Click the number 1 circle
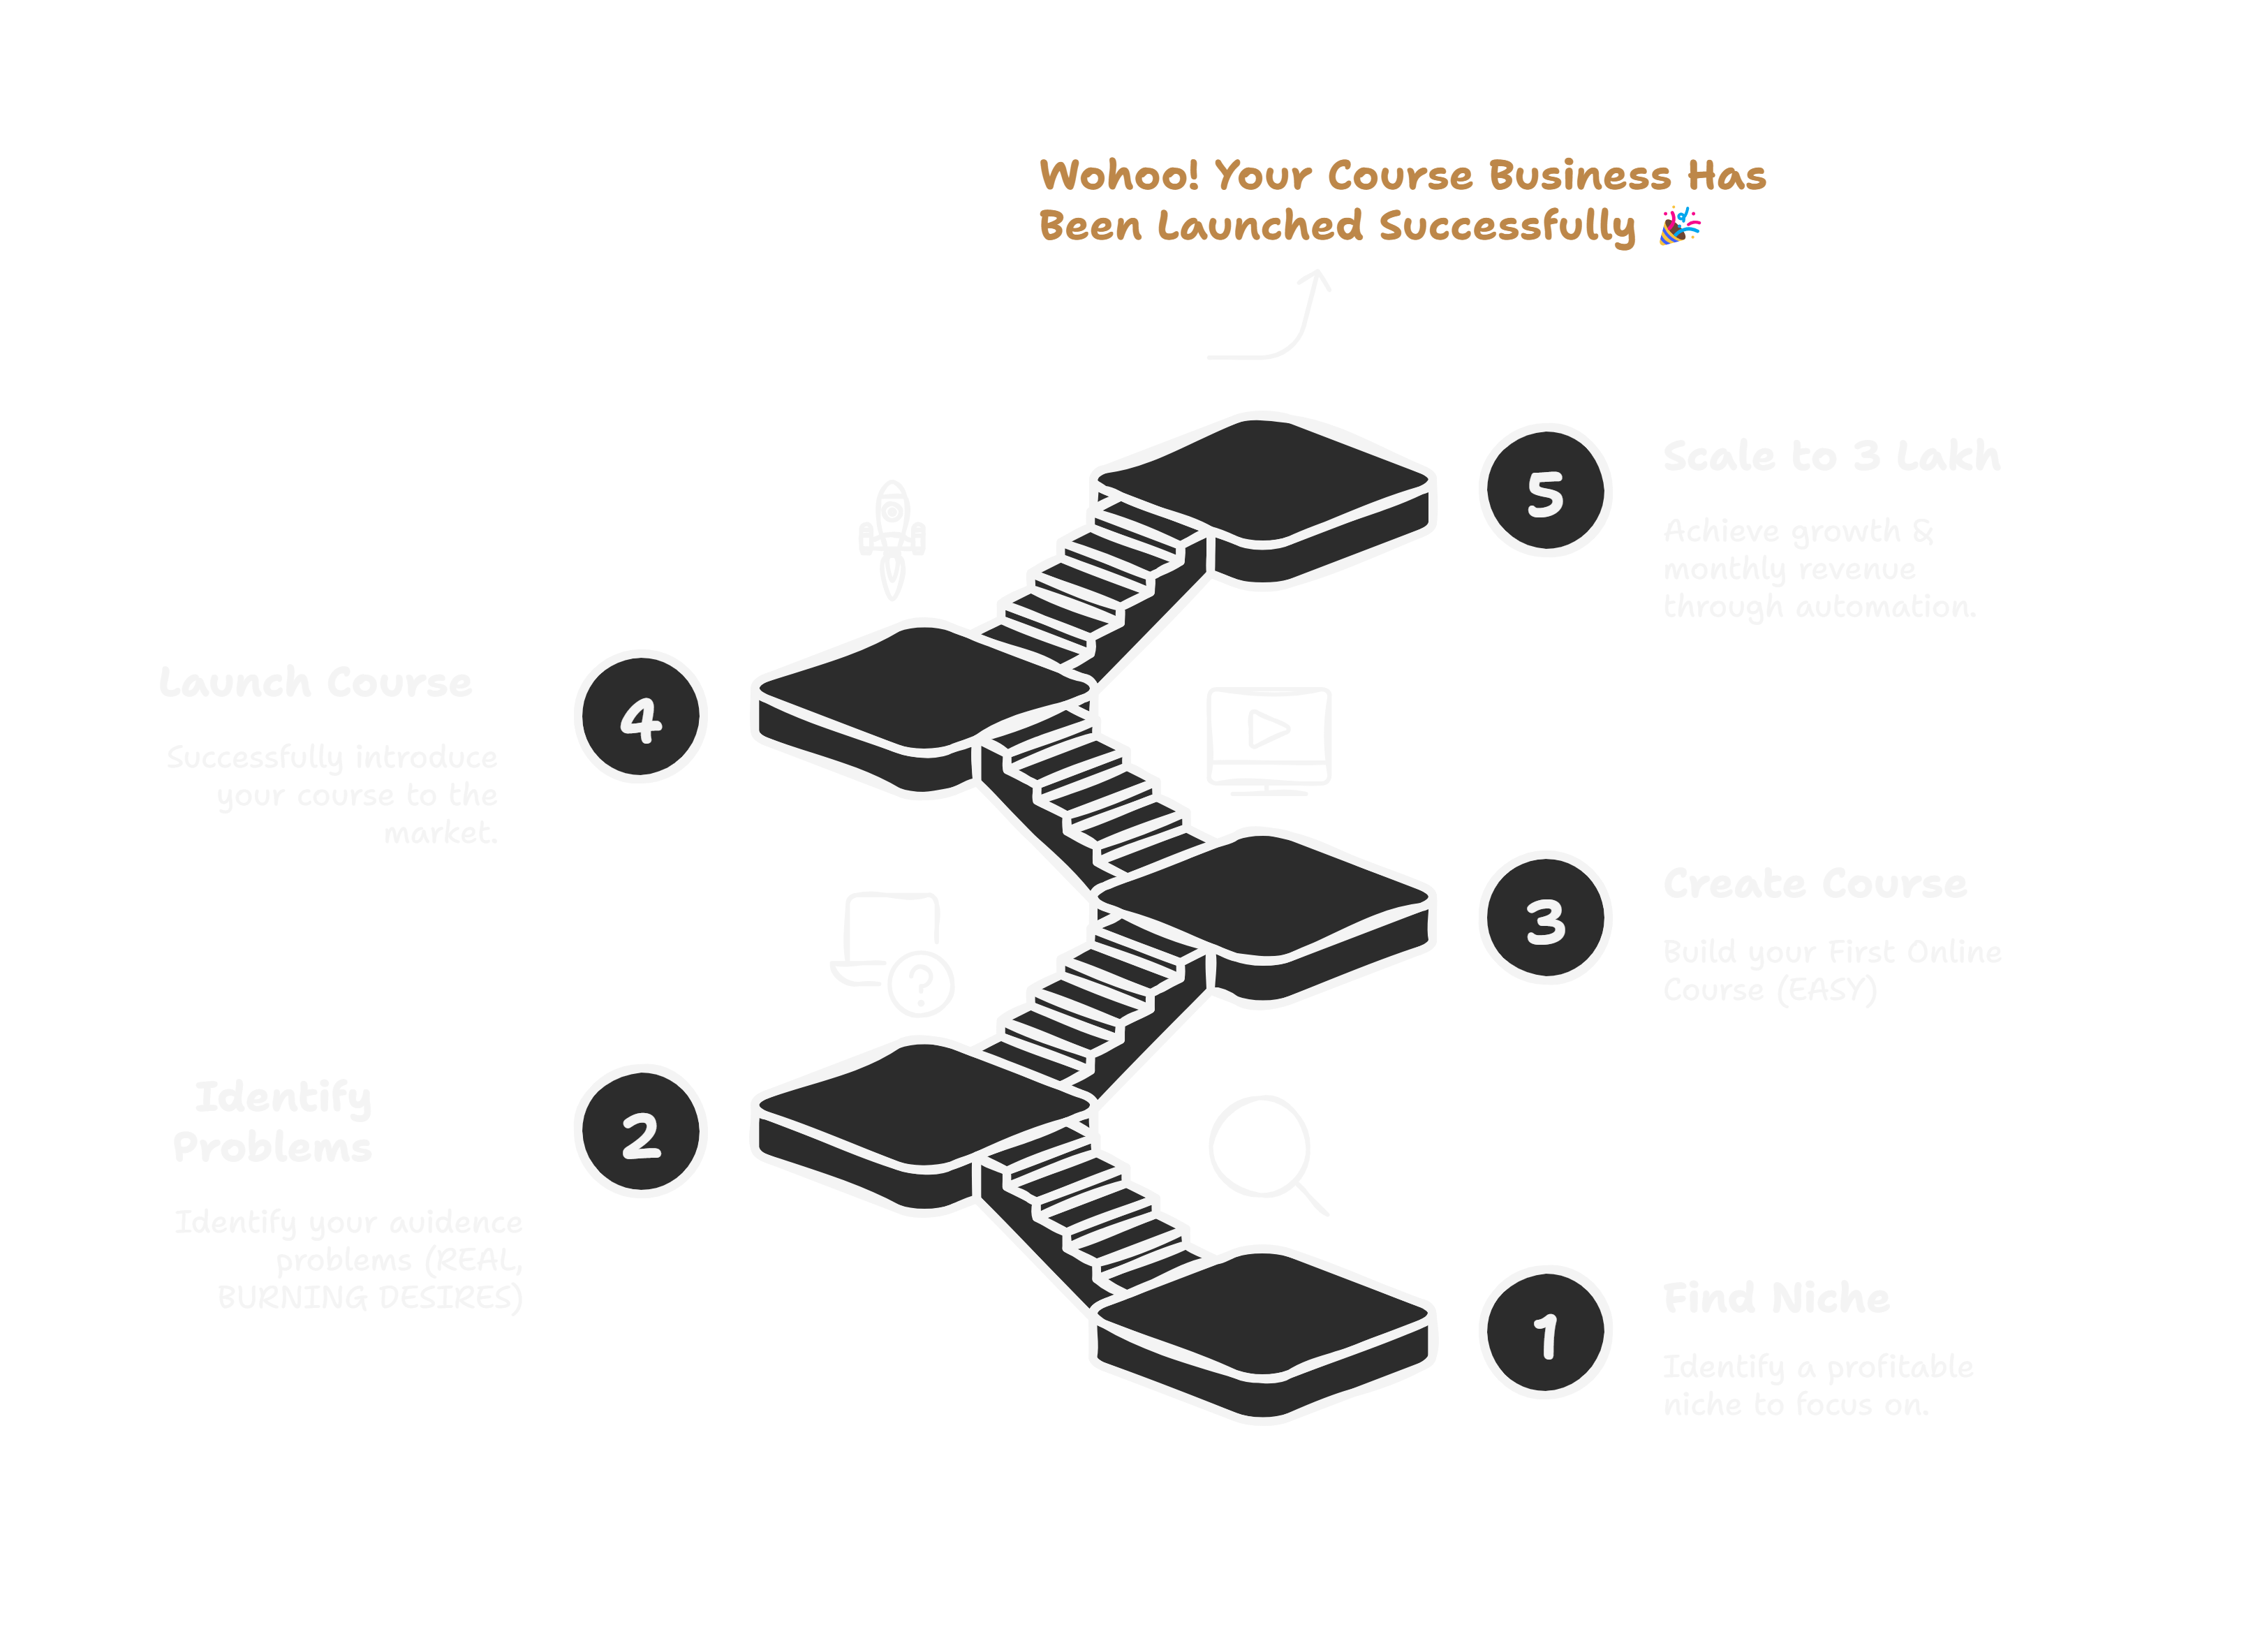tap(1546, 1333)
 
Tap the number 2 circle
tap(641, 1132)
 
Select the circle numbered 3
tap(1546, 919)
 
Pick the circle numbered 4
tap(641, 717)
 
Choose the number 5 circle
tap(1546, 491)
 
